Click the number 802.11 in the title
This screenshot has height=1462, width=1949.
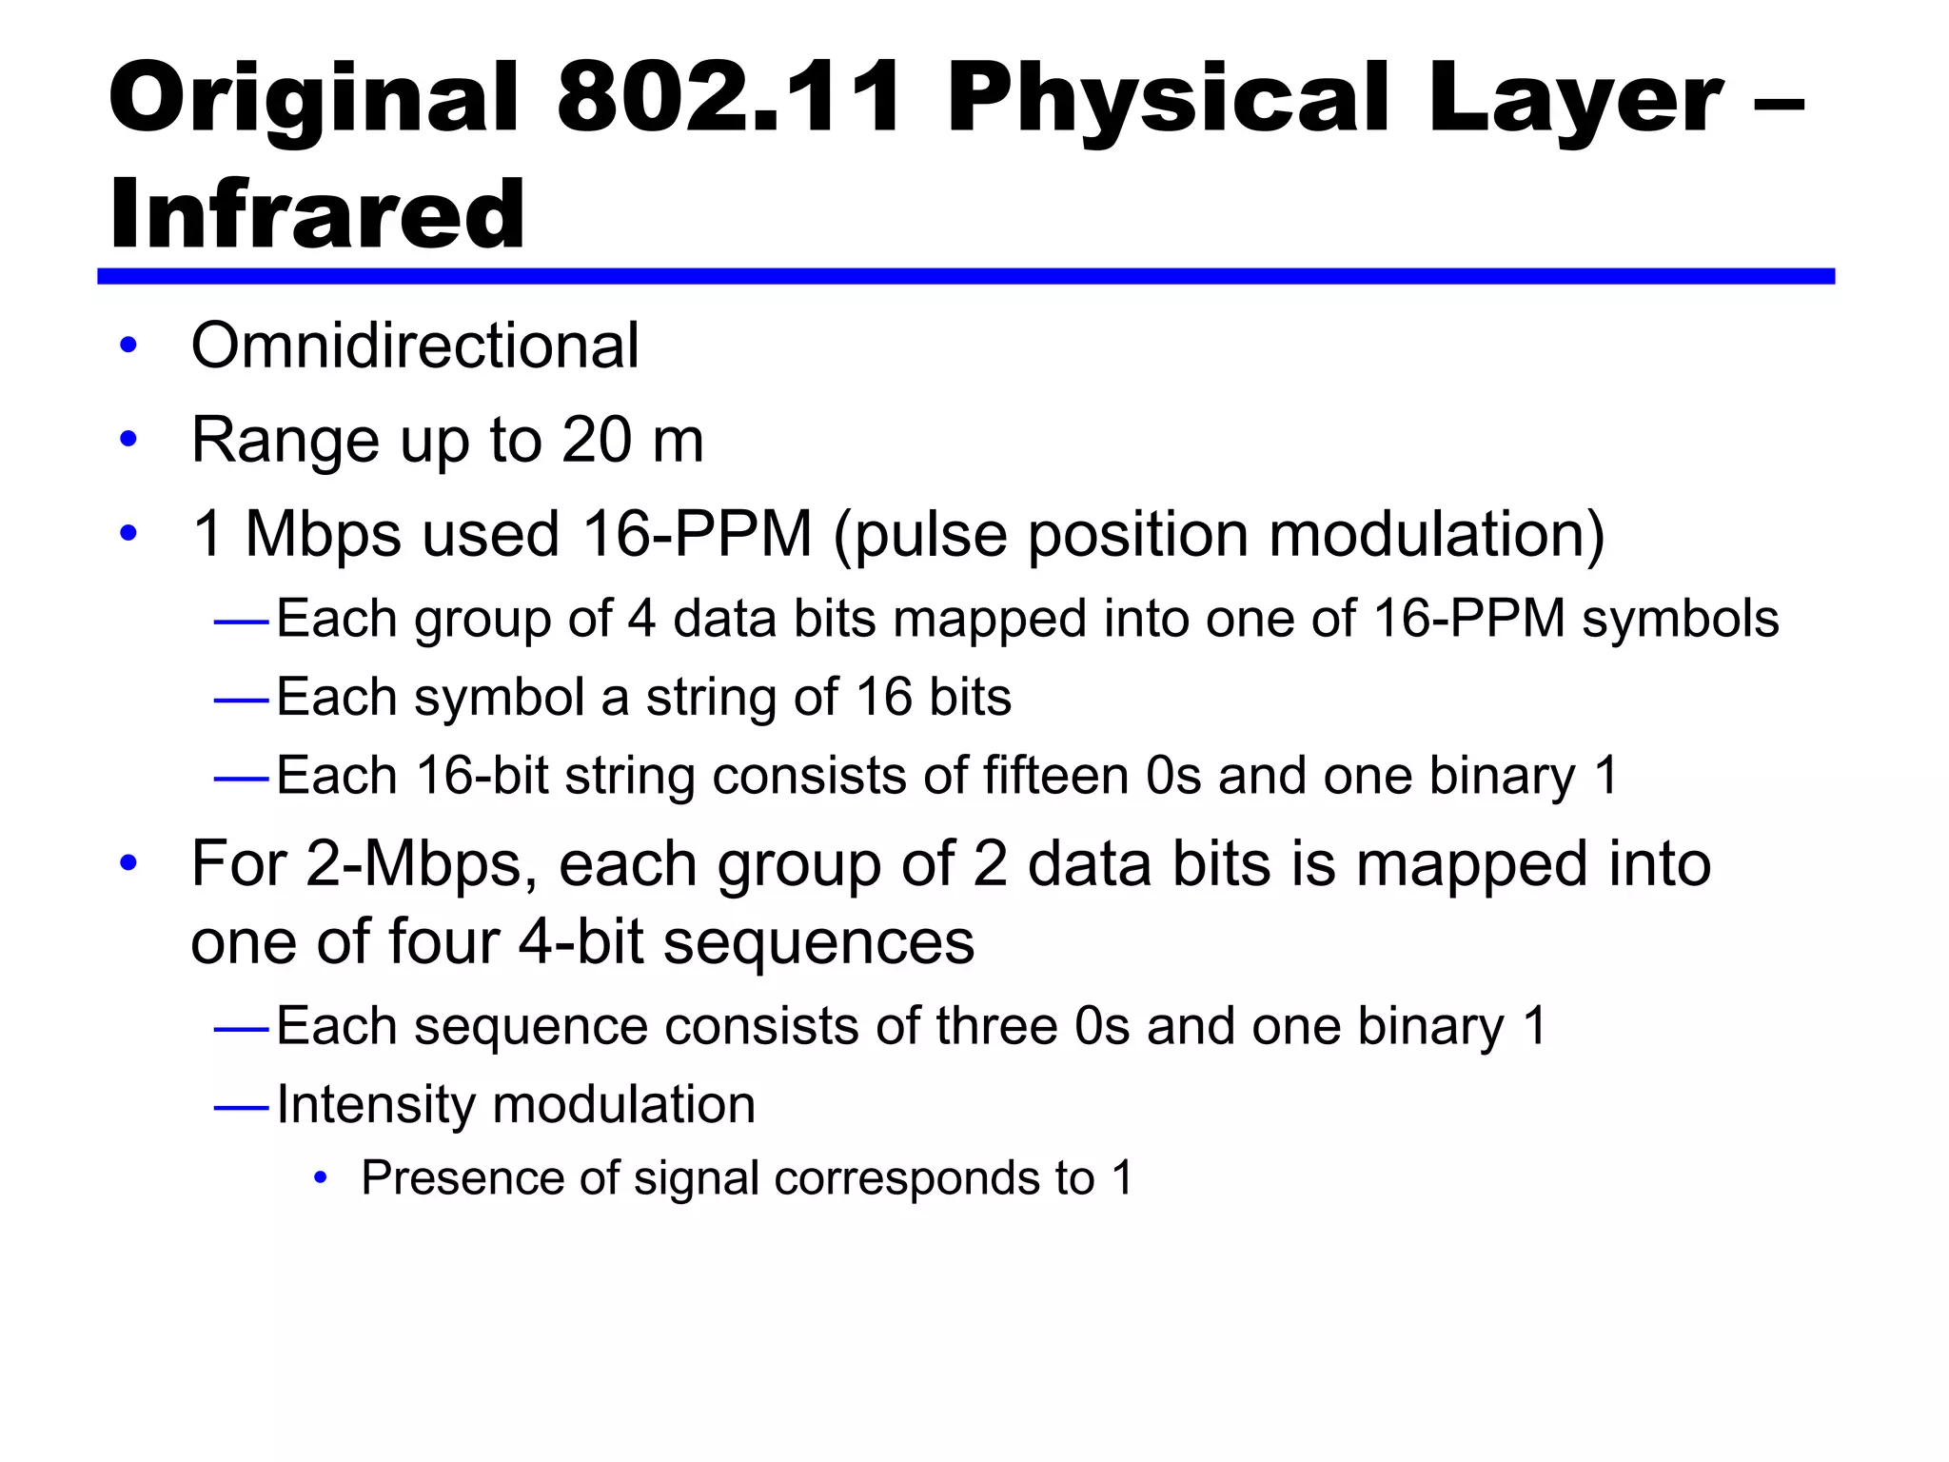tap(729, 98)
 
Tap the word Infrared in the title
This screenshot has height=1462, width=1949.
tap(317, 214)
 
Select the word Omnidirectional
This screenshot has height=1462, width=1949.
tap(415, 345)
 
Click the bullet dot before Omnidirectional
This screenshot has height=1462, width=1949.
tap(128, 346)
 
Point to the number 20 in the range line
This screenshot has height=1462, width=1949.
tap(597, 440)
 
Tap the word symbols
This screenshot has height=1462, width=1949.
tap(1680, 619)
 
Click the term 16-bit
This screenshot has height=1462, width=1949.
tap(482, 775)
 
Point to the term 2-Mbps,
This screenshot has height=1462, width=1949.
tap(422, 864)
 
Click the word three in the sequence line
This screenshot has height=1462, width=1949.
tap(996, 1026)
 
